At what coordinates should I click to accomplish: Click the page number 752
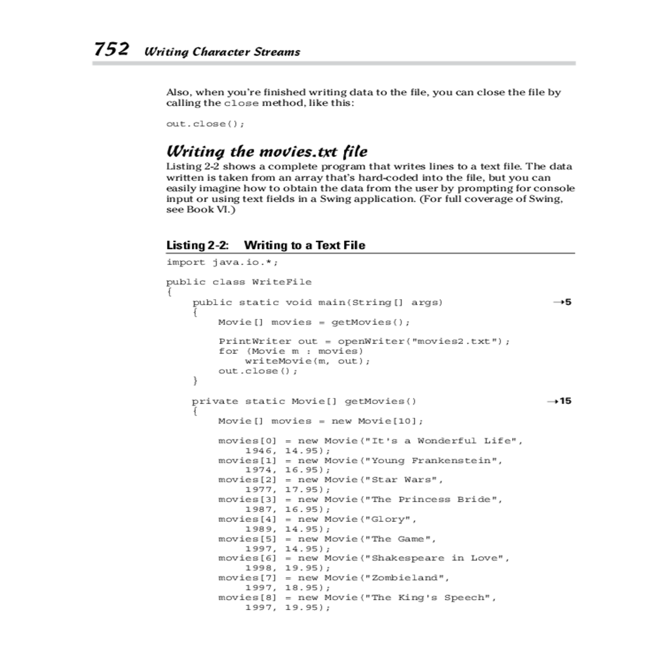[112, 50]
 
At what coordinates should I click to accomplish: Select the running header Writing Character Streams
[222, 52]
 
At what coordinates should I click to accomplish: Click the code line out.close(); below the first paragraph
[205, 124]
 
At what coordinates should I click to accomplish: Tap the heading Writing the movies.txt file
[267, 151]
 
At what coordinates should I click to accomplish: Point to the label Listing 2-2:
[197, 245]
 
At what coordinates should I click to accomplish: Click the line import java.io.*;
[222, 262]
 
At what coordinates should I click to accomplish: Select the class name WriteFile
[282, 282]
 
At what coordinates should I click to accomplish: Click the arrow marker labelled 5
[562, 302]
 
